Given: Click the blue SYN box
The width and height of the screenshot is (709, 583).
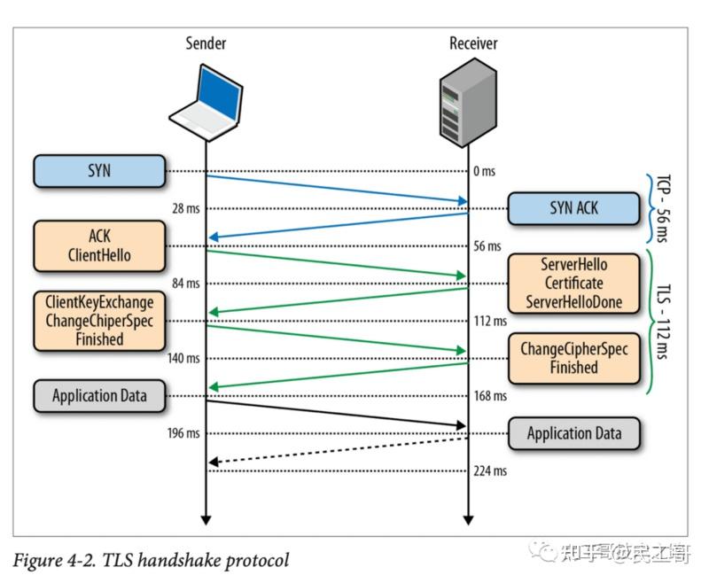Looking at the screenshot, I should click(x=99, y=171).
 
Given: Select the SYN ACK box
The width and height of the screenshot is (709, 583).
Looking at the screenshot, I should click(x=573, y=208).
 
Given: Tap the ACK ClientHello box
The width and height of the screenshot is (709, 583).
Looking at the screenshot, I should click(x=99, y=246).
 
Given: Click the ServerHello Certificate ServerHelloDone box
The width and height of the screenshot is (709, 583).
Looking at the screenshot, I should click(x=573, y=284).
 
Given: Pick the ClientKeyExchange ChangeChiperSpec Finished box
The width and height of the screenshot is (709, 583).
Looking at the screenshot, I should click(x=99, y=321).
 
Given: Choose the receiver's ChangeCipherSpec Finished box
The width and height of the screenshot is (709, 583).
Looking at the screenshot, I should click(x=573, y=358).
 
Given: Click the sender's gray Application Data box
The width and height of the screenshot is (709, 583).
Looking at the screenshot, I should click(x=99, y=396).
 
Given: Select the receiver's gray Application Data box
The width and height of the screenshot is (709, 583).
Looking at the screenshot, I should click(x=573, y=433).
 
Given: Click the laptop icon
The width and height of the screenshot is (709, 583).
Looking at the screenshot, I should click(x=206, y=99).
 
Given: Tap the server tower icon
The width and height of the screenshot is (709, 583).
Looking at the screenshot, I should click(x=467, y=103).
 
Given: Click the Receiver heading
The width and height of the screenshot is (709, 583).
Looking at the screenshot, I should click(x=473, y=43).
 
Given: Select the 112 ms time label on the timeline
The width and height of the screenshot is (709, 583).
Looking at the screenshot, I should click(x=489, y=322).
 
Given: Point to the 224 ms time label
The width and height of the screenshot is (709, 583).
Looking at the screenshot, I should click(x=489, y=471).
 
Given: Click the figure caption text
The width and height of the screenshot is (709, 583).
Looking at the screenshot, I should click(x=151, y=560).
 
